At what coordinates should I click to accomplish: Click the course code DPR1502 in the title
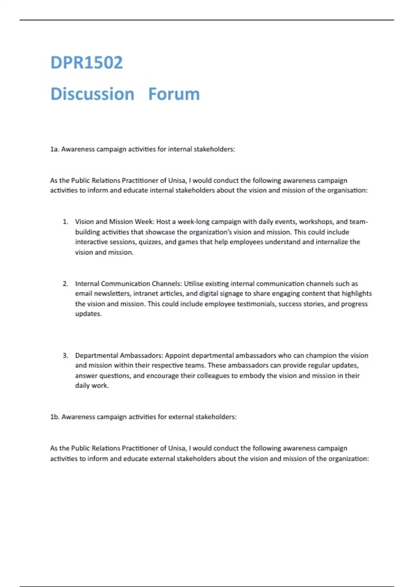point(87,62)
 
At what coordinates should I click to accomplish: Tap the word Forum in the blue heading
point(174,94)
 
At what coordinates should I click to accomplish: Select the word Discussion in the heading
point(92,94)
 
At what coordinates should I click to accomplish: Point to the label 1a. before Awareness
point(55,149)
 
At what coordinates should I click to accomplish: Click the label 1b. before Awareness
point(55,417)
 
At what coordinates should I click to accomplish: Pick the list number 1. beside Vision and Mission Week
point(66,222)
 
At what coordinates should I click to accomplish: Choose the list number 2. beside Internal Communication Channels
point(66,284)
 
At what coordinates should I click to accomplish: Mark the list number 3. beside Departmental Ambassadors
point(66,355)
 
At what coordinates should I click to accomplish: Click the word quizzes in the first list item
point(150,242)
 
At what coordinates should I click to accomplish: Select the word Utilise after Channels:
point(194,284)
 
